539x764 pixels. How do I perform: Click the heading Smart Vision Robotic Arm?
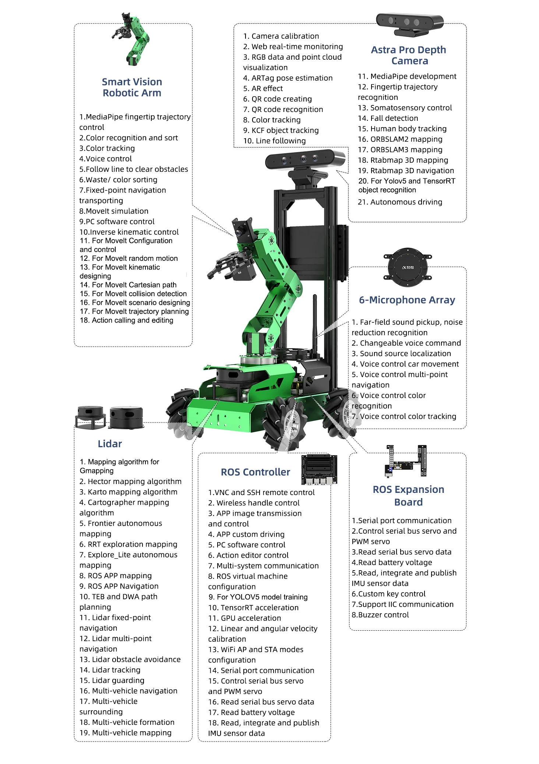tap(132, 87)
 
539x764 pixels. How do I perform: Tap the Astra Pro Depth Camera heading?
tap(409, 55)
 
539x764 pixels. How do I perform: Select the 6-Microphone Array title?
tap(407, 300)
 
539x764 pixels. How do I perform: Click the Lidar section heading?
tap(110, 444)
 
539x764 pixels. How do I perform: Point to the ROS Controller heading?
tap(255, 472)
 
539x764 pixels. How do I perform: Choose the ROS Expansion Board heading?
tap(408, 495)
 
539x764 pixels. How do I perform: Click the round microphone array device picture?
tap(407, 267)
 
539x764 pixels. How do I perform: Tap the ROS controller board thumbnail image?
tap(319, 469)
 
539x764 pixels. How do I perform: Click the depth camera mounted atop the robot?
tap(305, 160)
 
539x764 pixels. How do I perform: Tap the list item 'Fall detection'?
tap(394, 118)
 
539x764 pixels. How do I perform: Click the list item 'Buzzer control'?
tap(380, 614)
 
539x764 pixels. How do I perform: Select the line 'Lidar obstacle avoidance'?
tap(130, 659)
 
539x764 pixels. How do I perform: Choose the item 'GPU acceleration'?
tap(244, 618)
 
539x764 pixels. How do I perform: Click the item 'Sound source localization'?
tap(401, 353)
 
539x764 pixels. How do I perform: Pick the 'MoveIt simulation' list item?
tap(114, 211)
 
